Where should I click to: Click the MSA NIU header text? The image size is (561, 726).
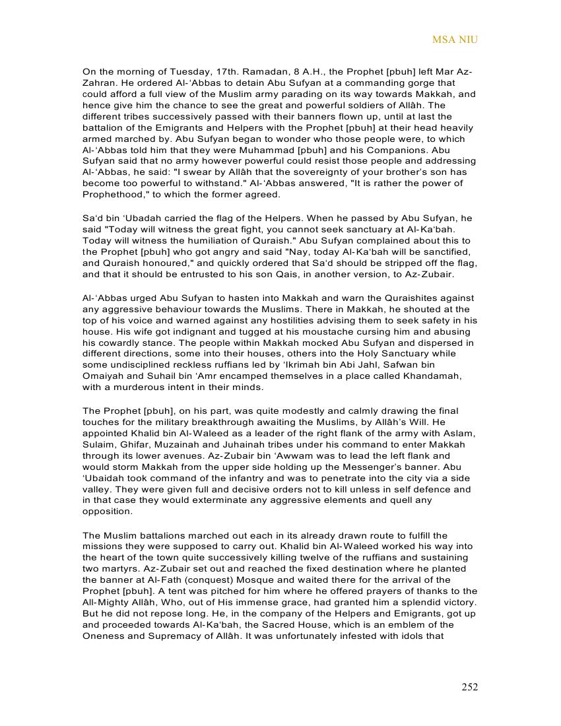pyautogui.click(x=455, y=40)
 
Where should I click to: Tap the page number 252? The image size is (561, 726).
pyautogui.click(x=469, y=687)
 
